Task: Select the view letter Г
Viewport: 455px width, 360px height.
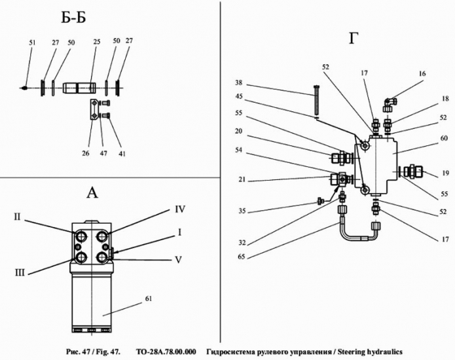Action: pyautogui.click(x=354, y=38)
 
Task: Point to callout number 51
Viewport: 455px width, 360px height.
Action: pyautogui.click(x=32, y=43)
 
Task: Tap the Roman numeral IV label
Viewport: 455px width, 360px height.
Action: pyautogui.click(x=179, y=209)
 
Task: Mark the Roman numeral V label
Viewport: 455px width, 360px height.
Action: pyautogui.click(x=177, y=259)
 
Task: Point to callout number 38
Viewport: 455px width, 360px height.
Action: pyautogui.click(x=240, y=83)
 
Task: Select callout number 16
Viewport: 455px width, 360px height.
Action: pyautogui.click(x=422, y=75)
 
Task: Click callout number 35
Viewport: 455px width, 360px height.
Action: pyautogui.click(x=241, y=211)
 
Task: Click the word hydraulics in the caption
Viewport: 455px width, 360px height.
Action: pyautogui.click(x=384, y=351)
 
